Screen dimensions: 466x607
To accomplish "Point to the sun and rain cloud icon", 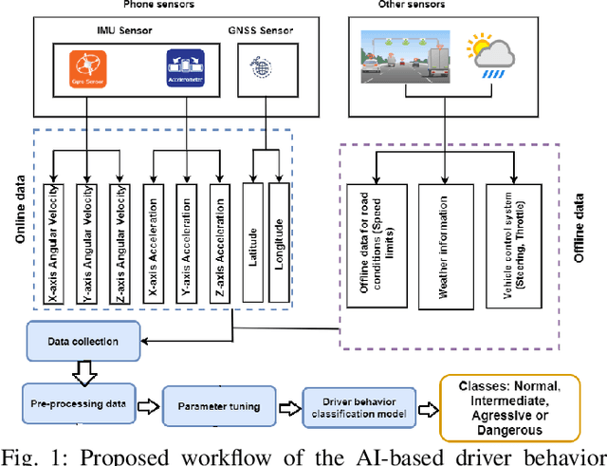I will pyautogui.click(x=491, y=56).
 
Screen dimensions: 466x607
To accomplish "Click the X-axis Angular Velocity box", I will pyautogui.click(x=54, y=242).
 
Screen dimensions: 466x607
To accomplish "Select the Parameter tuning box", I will pyautogui.click(x=218, y=406).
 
